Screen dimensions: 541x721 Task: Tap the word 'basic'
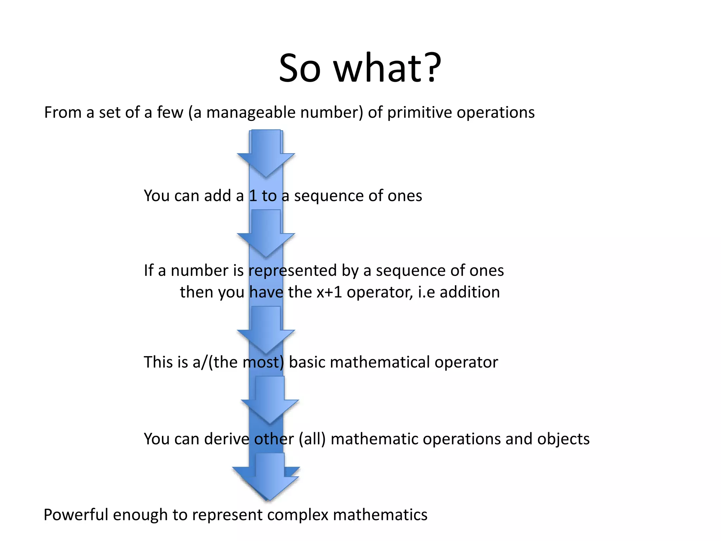pos(307,362)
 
